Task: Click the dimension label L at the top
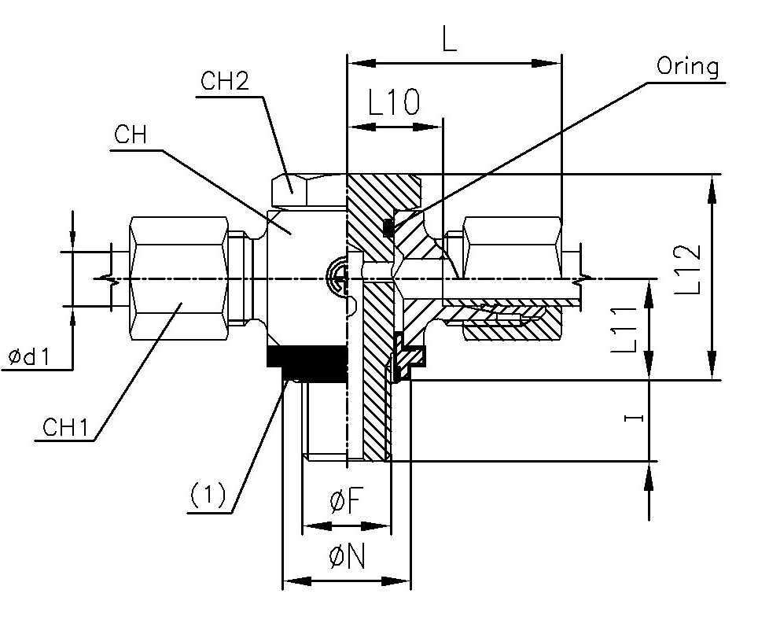(449, 39)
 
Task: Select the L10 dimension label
(394, 103)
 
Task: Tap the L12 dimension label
(686, 269)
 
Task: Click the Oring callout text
(687, 67)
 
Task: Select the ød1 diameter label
(29, 358)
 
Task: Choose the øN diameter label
(347, 558)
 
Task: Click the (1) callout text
(208, 495)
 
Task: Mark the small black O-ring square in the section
(388, 228)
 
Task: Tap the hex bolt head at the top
(307, 190)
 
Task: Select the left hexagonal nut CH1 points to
(178, 280)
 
